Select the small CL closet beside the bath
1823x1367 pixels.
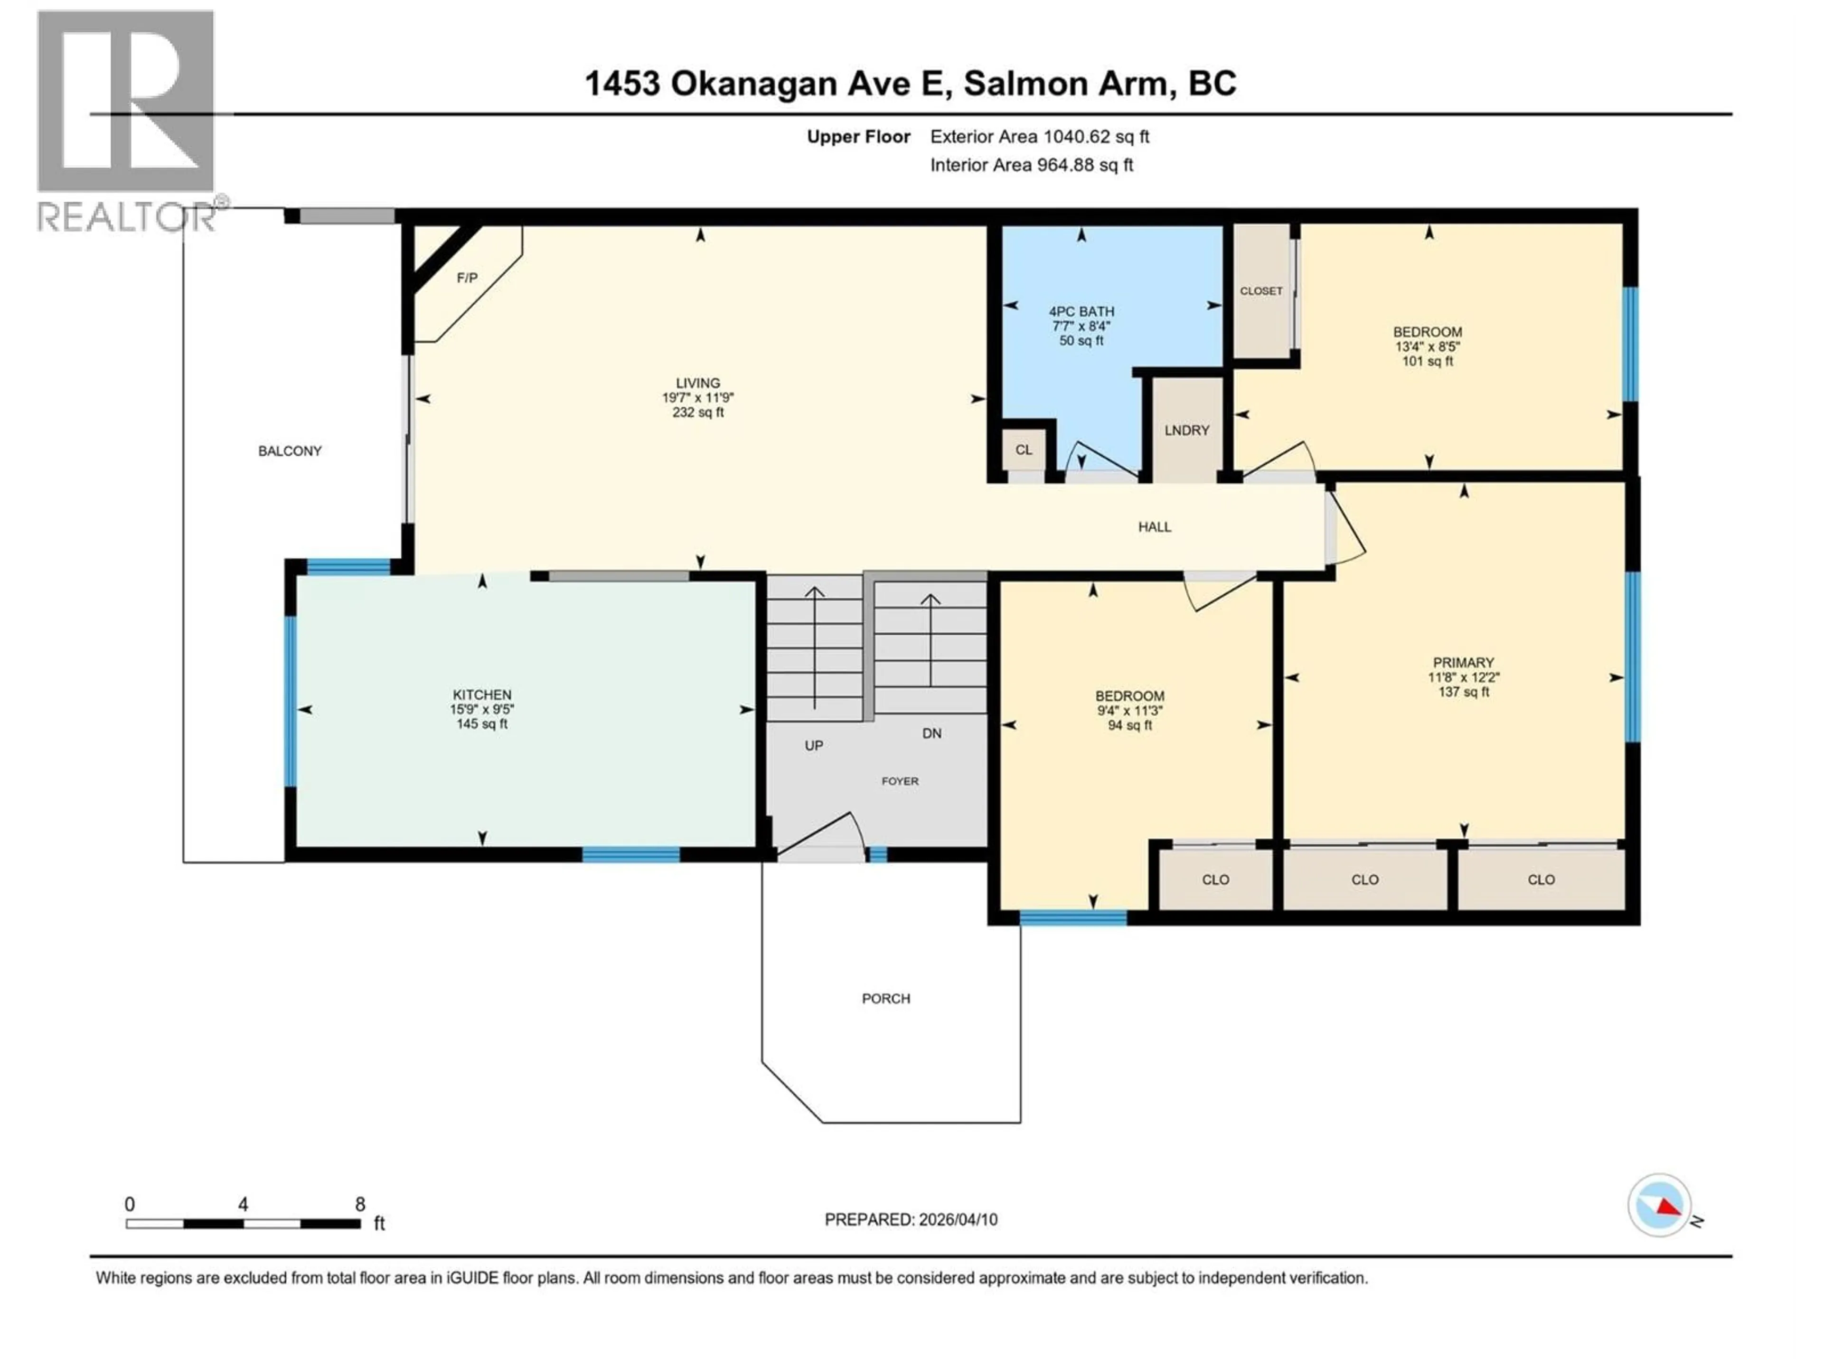[1024, 450]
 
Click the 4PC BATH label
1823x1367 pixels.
[1081, 311]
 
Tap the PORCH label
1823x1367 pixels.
[886, 999]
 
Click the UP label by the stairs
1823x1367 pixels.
[813, 746]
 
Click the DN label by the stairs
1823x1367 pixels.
[931, 733]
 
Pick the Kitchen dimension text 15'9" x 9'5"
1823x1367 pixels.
[482, 710]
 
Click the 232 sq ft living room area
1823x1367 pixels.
[697, 412]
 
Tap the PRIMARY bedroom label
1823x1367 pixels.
[1463, 663]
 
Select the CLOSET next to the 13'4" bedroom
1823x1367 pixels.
[1261, 291]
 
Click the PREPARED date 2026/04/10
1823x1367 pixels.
[911, 1219]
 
